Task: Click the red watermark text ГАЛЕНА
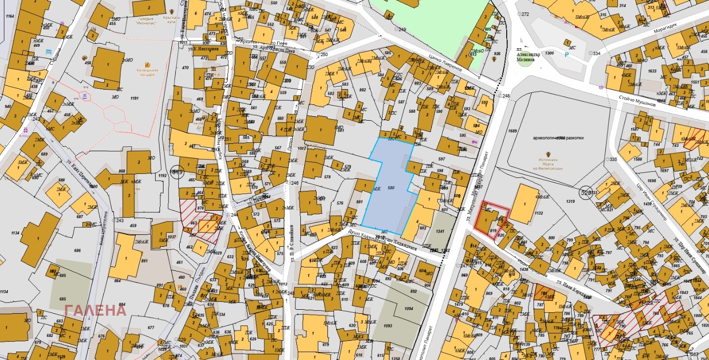point(96,310)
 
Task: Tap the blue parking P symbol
point(566,55)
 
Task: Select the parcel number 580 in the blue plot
point(391,188)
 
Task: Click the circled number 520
point(586,192)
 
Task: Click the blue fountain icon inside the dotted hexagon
point(86,95)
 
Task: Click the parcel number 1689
point(513,131)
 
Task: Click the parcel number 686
point(77,251)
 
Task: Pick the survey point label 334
point(597,53)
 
